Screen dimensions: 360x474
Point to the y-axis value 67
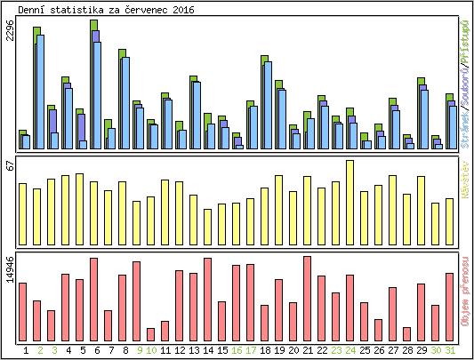pos(10,165)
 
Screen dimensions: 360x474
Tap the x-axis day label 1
pos(26,350)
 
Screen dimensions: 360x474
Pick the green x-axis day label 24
pos(350,350)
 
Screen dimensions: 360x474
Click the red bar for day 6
pos(93,299)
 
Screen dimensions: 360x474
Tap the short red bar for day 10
pos(150,334)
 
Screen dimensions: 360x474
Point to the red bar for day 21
pos(307,298)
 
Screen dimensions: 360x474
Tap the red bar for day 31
pos(449,306)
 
